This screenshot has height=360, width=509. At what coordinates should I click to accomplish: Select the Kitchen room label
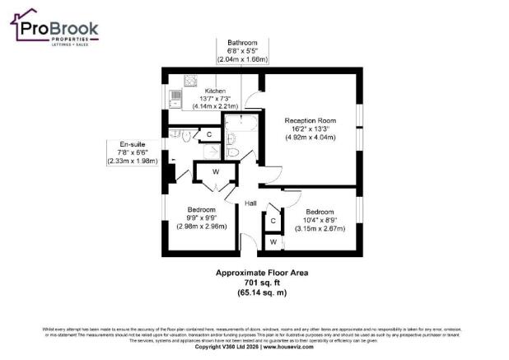click(215, 91)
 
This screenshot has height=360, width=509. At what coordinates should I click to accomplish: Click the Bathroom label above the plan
click(242, 43)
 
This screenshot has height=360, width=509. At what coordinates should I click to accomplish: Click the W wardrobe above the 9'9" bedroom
click(215, 172)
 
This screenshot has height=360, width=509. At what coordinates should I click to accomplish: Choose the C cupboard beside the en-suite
click(209, 133)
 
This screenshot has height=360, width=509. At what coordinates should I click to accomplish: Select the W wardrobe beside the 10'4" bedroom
click(272, 241)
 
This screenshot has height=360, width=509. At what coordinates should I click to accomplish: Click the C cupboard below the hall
click(272, 221)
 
